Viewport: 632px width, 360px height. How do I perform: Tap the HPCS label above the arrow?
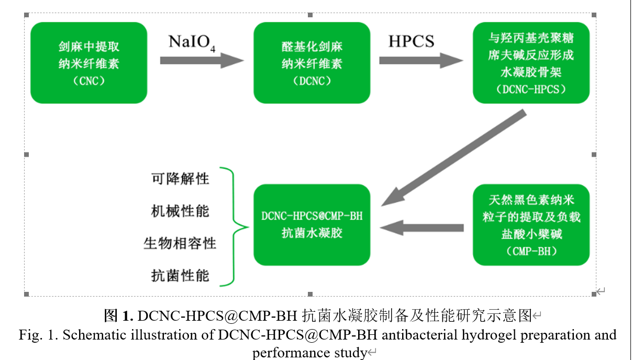411,41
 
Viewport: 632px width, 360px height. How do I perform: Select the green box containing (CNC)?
88,63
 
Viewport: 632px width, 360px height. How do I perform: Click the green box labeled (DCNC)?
312,63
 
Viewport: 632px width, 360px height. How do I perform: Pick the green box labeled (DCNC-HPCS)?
531,63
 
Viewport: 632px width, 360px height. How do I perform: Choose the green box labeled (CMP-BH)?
531,225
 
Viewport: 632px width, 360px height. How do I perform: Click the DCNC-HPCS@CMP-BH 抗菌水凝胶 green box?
312,225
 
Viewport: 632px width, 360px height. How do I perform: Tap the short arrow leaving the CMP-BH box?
422,228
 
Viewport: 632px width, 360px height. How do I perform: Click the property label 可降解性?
180,179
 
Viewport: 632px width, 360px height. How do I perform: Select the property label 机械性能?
180,211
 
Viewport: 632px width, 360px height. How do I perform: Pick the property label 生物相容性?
180,244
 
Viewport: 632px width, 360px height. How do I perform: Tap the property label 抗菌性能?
180,276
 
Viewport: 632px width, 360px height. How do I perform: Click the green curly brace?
235,227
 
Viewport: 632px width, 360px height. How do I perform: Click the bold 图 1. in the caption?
119,316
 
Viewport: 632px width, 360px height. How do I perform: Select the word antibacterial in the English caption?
415,335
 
